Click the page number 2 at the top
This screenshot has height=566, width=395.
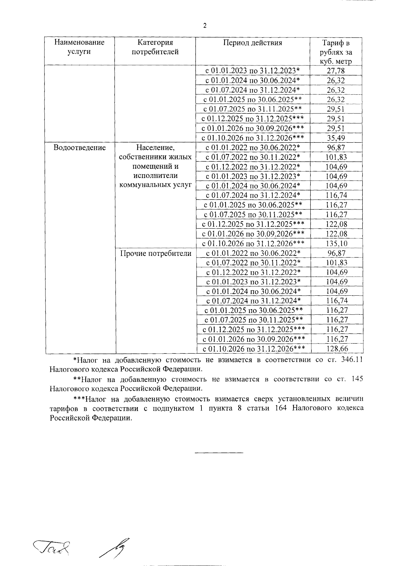pos(205,26)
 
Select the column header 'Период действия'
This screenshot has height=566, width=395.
pos(252,43)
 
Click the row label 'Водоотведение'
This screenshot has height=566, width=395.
pos(80,148)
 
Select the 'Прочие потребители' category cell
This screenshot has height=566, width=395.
pos(156,253)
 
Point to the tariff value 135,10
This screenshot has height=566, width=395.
pos(336,244)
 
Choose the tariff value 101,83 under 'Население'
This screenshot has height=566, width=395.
pos(336,157)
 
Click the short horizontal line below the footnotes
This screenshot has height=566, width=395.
pos(219,453)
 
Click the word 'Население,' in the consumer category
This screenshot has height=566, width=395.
pos(155,148)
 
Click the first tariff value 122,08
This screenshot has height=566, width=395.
pos(336,225)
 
